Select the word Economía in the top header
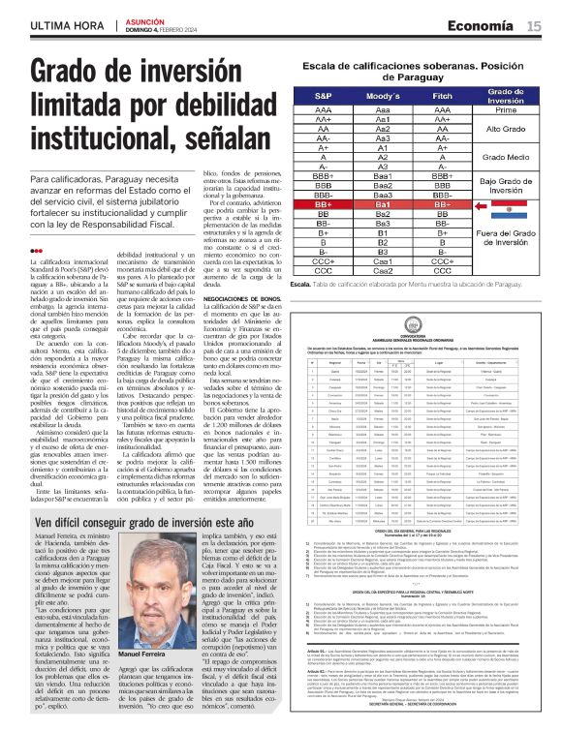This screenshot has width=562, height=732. (x=487, y=26)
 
